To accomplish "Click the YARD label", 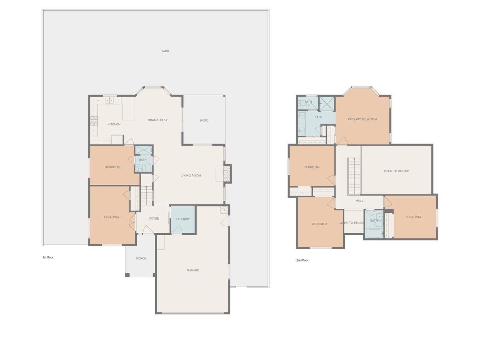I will pyautogui.click(x=165, y=51).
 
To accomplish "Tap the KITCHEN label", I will pyautogui.click(x=114, y=124).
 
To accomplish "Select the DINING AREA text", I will pyautogui.click(x=157, y=120).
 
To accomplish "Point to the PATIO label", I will pyautogui.click(x=204, y=120).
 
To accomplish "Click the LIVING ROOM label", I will pyautogui.click(x=190, y=176).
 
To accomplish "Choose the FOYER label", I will pyautogui.click(x=154, y=218).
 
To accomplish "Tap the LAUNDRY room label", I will pyautogui.click(x=182, y=219).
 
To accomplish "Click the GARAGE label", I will pyautogui.click(x=193, y=270).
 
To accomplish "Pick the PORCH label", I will pyautogui.click(x=141, y=258).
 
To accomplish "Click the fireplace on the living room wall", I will pyautogui.click(x=227, y=174).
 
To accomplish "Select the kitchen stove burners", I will pyautogui.click(x=94, y=120).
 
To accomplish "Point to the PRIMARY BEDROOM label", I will pyautogui.click(x=362, y=119).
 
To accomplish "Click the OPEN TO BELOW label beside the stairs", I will pyautogui.click(x=396, y=171).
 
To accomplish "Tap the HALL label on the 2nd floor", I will pyautogui.click(x=359, y=200).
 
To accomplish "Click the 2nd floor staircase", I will pyautogui.click(x=354, y=175).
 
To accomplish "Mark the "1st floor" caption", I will pyautogui.click(x=48, y=257).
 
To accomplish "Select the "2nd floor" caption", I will pyautogui.click(x=302, y=260).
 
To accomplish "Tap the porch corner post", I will pyautogui.click(x=127, y=275).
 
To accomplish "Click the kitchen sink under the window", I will pyautogui.click(x=110, y=101).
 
